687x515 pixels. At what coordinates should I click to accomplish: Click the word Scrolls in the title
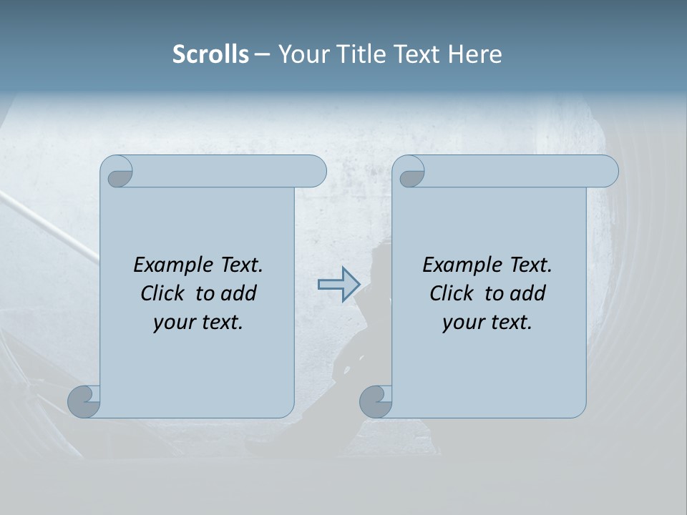click(210, 54)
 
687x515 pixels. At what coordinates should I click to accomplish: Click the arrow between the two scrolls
click(338, 284)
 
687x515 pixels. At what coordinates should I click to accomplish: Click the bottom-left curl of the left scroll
click(84, 401)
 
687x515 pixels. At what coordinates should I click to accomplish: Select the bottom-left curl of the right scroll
click(376, 401)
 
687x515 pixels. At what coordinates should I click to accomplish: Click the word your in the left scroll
click(174, 323)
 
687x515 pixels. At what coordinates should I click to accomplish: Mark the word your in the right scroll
click(463, 323)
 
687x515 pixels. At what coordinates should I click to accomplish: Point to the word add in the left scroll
click(239, 293)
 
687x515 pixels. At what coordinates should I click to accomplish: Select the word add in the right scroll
click(528, 293)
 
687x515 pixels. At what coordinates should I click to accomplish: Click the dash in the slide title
click(263, 54)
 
